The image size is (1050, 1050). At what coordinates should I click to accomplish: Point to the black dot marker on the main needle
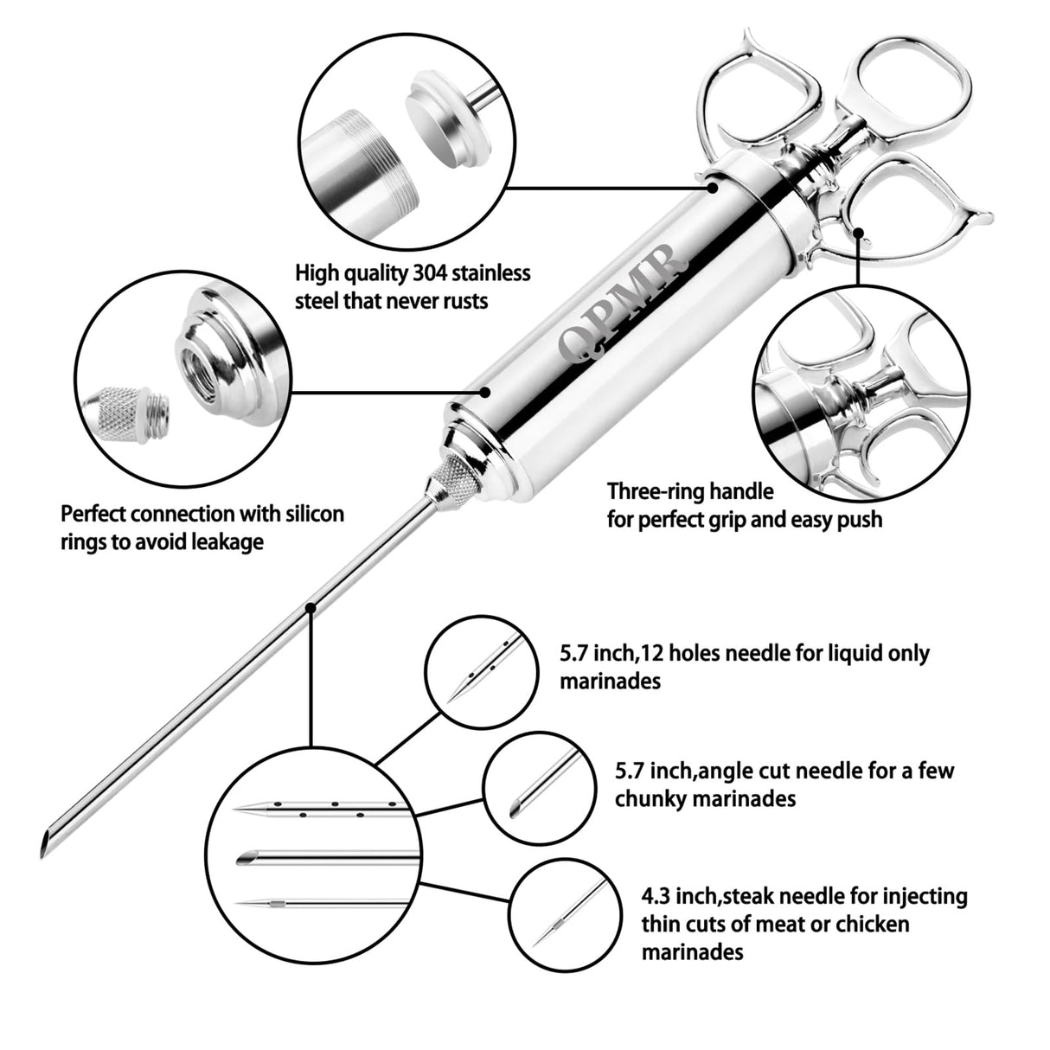pos(310,609)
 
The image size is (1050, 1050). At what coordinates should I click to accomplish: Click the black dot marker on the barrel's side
pos(487,390)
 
